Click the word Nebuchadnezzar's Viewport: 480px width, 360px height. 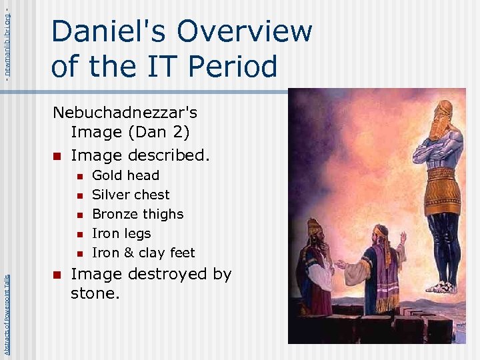pyautogui.click(x=125, y=113)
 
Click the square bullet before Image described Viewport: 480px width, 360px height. pyautogui.click(x=57, y=157)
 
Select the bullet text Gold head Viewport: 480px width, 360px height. pyautogui.click(x=125, y=175)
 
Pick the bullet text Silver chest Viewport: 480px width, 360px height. pyautogui.click(x=131, y=195)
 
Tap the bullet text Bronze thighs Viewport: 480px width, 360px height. pyautogui.click(x=137, y=214)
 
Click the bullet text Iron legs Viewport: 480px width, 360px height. pyautogui.click(x=121, y=233)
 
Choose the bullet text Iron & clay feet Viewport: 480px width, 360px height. pyautogui.click(x=143, y=253)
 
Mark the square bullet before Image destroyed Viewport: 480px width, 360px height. pyautogui.click(x=57, y=275)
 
